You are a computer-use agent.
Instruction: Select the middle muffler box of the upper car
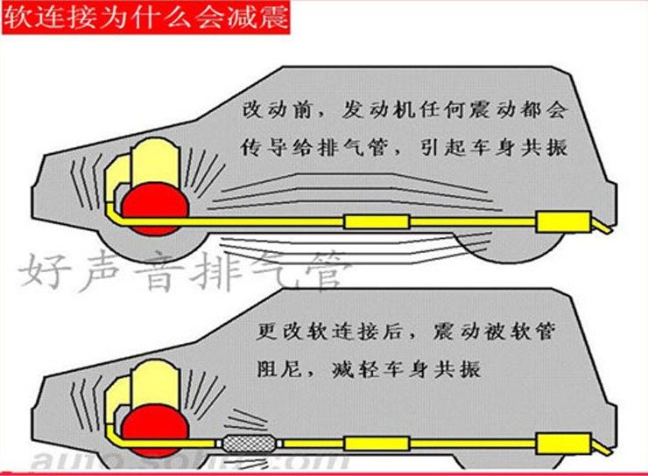point(376,221)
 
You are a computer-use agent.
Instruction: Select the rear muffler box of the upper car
point(561,221)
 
